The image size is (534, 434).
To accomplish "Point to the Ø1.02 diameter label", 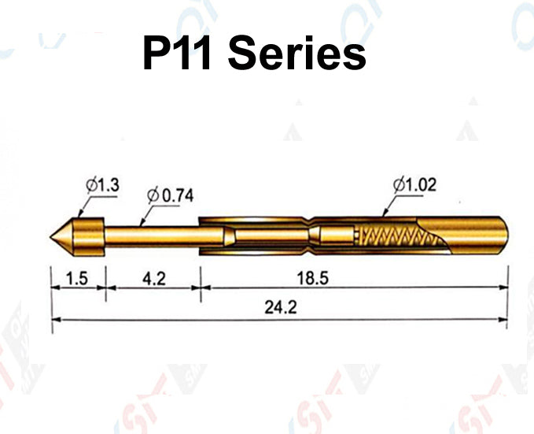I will [414, 185].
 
